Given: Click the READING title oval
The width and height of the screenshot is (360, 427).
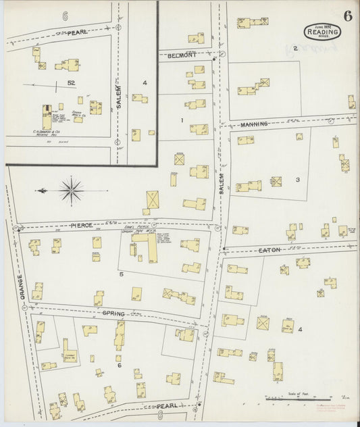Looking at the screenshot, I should (x=319, y=31).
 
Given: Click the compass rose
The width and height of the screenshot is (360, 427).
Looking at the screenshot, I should (x=71, y=190).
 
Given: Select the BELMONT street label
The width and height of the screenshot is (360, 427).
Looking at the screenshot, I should (x=183, y=55).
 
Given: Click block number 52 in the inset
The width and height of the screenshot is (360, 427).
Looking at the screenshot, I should (x=70, y=82).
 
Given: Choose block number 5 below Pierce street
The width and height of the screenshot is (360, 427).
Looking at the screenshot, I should (x=122, y=275).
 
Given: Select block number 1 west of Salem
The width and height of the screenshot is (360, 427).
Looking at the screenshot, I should (x=182, y=120).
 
